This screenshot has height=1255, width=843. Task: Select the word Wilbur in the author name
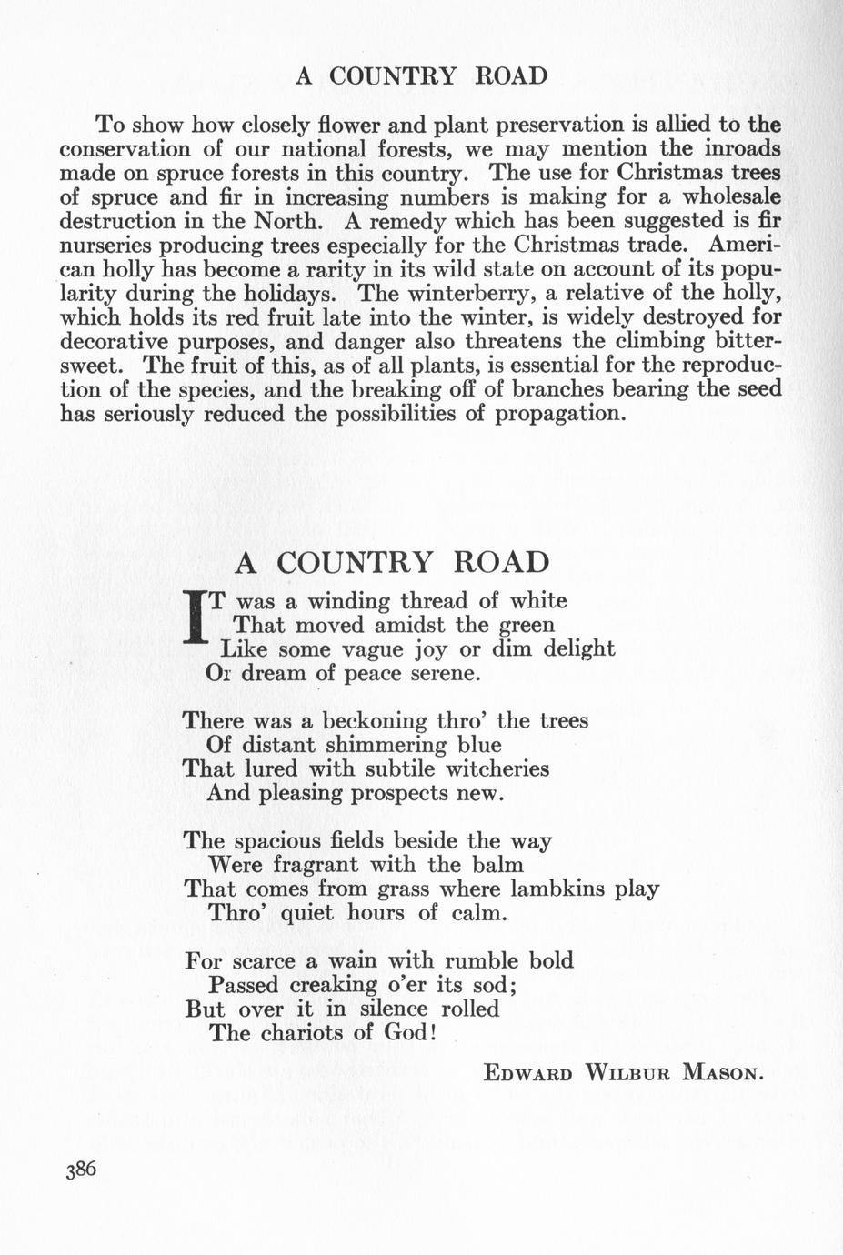coord(627,1072)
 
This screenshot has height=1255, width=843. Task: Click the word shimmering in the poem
coord(374,745)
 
